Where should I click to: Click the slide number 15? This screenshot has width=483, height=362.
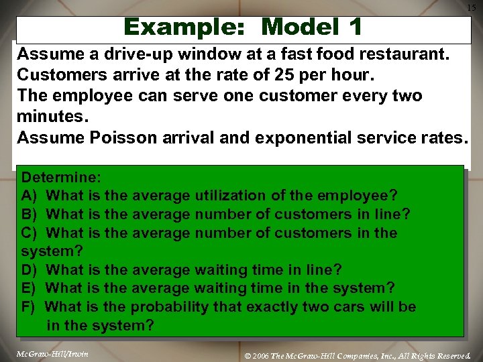coord(471,7)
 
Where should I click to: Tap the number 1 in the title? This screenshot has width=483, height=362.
coord(355,27)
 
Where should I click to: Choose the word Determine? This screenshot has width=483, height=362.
coord(61,178)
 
